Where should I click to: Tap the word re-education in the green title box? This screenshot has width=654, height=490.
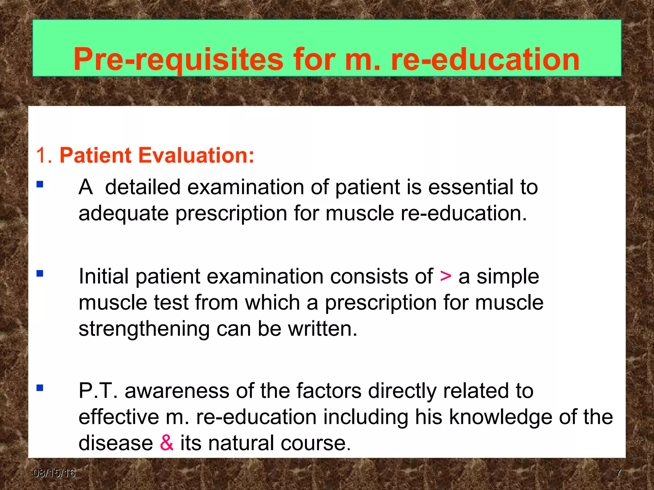click(x=485, y=60)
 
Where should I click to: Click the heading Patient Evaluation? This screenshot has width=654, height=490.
click(x=157, y=155)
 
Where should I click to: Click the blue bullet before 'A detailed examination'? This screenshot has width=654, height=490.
click(x=40, y=184)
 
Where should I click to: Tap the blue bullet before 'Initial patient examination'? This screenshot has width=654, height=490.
click(x=40, y=274)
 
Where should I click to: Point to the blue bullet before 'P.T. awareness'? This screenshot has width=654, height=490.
click(x=40, y=388)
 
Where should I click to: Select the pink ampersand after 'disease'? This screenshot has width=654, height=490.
click(x=167, y=443)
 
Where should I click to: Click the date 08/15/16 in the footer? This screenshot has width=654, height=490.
click(x=54, y=473)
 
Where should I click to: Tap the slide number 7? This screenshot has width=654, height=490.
click(x=618, y=473)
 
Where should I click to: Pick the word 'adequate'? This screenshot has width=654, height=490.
click(x=124, y=214)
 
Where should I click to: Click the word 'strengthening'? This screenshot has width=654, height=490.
click(x=144, y=329)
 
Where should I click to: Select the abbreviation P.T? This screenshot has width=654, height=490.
click(x=98, y=391)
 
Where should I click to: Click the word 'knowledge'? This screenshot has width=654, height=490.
click(x=501, y=417)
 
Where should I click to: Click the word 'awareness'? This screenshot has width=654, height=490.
click(x=177, y=391)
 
